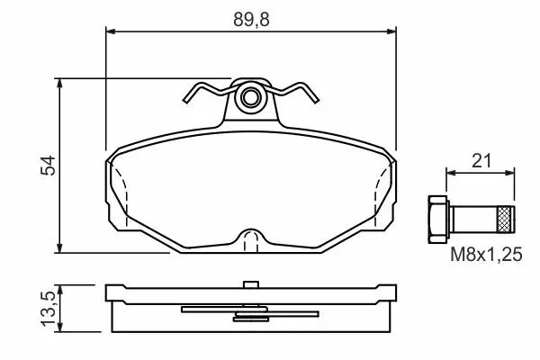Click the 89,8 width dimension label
251,19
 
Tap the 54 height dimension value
48,166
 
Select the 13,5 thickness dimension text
48,309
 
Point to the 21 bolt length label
481,160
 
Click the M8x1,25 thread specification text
486,255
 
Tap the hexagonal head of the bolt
438,219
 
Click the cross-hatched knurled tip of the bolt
506,219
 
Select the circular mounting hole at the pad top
250,97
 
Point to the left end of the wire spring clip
185,101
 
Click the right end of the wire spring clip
316,100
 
